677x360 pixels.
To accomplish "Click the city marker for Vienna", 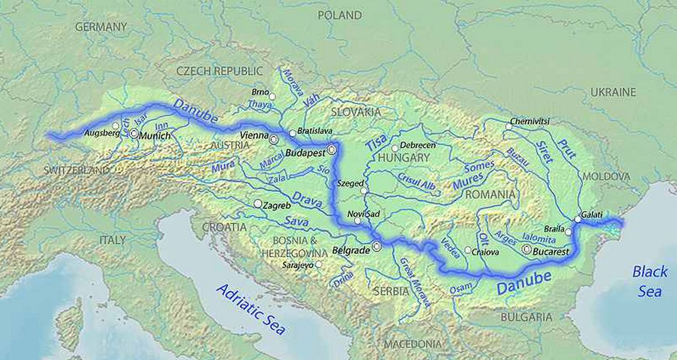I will point(274,139).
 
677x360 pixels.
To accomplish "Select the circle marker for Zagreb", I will point(258,203).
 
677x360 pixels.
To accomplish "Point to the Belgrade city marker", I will point(376,247).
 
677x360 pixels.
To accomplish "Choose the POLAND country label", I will point(340,15).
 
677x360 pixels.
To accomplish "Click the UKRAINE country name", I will point(613,92).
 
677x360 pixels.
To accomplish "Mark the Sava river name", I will point(297,220).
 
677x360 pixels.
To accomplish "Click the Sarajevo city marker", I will point(318,264).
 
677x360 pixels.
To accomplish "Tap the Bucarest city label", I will point(551,252).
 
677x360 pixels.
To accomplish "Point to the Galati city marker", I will point(577,219).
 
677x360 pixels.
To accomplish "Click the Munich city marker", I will point(134,134).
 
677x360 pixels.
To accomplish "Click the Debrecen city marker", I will point(395,148).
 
